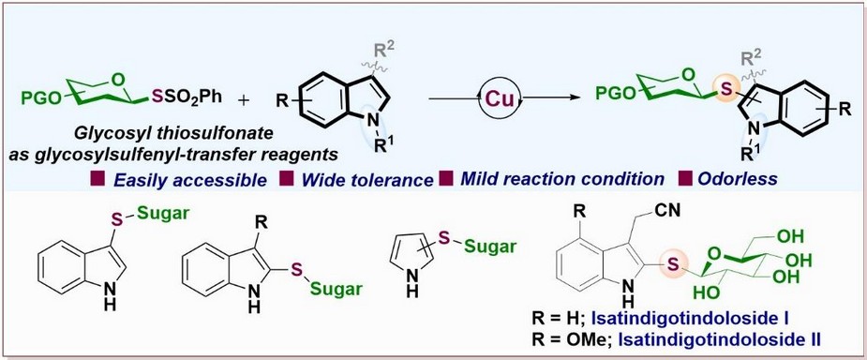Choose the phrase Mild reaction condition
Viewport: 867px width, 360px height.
561,179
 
